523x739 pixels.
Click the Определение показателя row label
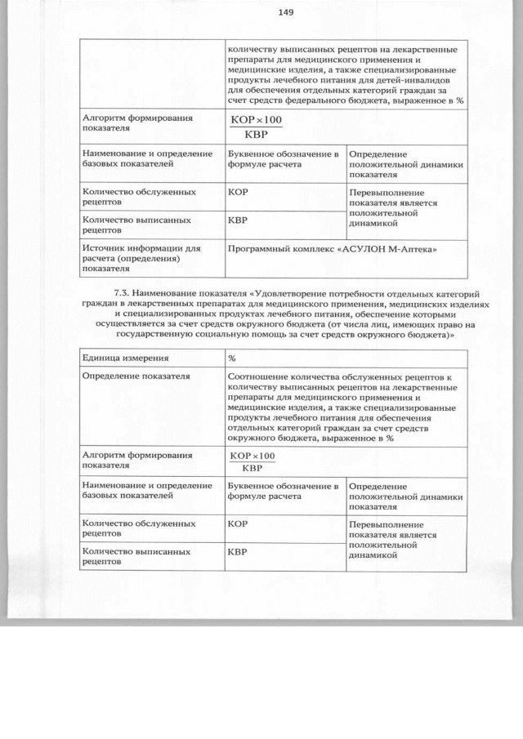pos(136,376)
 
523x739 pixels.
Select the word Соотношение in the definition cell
pos(261,376)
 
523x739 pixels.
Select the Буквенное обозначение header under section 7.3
pos(283,491)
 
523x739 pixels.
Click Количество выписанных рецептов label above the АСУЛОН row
pos(137,225)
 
